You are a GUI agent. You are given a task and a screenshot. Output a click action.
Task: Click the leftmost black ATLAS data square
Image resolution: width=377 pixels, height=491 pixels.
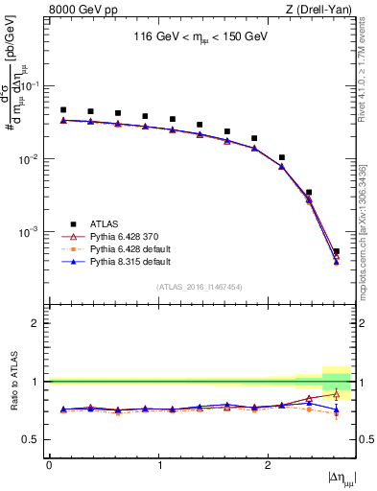63,110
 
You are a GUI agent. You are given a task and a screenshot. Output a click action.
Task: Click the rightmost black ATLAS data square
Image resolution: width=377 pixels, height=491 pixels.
336,252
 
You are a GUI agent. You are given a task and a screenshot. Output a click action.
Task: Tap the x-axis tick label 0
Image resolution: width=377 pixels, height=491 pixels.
49,465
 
